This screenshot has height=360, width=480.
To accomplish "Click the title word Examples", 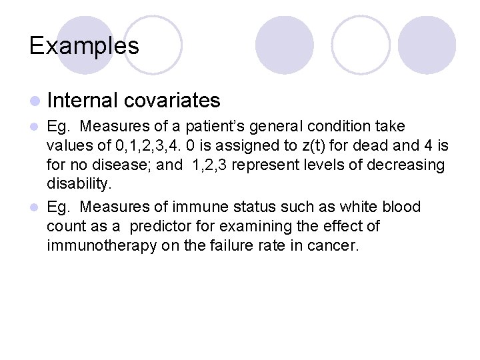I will (84, 45).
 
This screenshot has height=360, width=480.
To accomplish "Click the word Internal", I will (83, 101).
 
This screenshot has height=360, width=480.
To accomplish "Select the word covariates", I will (172, 101).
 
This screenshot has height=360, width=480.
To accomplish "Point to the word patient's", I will (216, 127).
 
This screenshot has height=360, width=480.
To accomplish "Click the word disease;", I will (125, 165).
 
